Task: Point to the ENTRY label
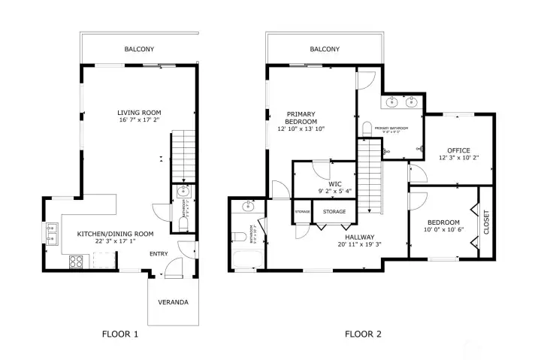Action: (x=159, y=254)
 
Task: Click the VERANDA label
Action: (x=173, y=303)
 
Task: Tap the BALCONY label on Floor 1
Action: (x=140, y=50)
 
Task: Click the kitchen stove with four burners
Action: (x=77, y=262)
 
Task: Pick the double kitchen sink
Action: (x=52, y=234)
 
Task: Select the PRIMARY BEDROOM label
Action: (x=301, y=117)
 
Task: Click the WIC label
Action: (x=335, y=183)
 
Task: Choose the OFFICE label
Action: (x=458, y=150)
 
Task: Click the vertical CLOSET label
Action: (x=486, y=222)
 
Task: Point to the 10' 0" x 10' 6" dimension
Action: (x=443, y=230)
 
